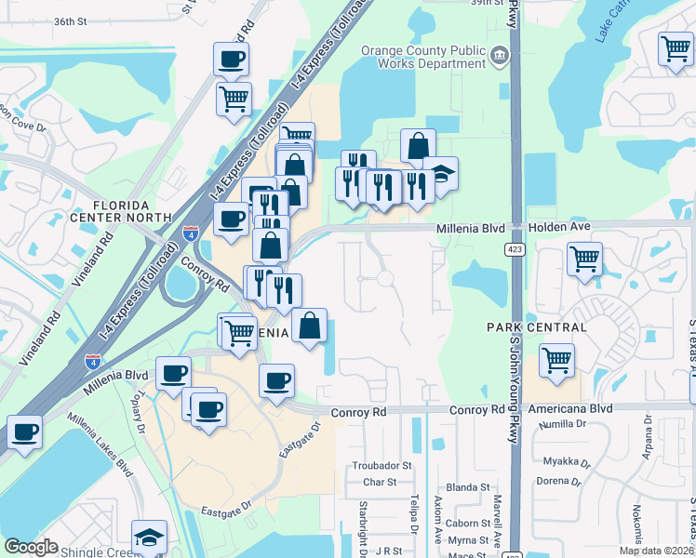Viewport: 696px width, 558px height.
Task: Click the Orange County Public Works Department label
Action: pos(423,58)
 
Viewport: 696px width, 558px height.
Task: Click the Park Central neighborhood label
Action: pos(537,327)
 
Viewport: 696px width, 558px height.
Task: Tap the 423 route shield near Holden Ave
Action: pos(515,248)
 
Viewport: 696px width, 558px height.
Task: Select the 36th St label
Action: pos(70,20)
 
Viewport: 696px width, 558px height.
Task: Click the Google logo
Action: pos(31,547)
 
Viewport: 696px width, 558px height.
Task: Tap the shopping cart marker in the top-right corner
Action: pos(676,49)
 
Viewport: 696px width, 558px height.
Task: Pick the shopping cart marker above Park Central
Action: pos(584,259)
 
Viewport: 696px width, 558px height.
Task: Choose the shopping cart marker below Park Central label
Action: pos(556,360)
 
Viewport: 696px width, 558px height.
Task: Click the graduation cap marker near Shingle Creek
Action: pos(149,537)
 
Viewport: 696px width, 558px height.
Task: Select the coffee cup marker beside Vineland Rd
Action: pos(24,432)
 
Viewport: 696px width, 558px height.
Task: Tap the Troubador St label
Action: pos(375,465)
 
